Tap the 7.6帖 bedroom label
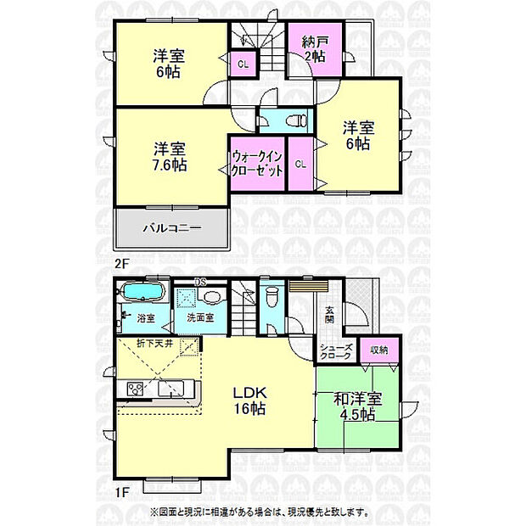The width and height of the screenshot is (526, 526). click(x=170, y=155)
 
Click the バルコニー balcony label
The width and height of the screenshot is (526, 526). click(x=171, y=228)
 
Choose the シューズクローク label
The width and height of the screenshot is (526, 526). click(x=336, y=354)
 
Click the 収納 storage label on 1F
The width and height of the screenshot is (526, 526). click(x=379, y=350)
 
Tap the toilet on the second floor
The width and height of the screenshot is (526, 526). click(x=294, y=120)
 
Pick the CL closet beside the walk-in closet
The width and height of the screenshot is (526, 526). click(x=299, y=164)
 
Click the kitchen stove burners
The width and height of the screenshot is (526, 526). click(x=137, y=389)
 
